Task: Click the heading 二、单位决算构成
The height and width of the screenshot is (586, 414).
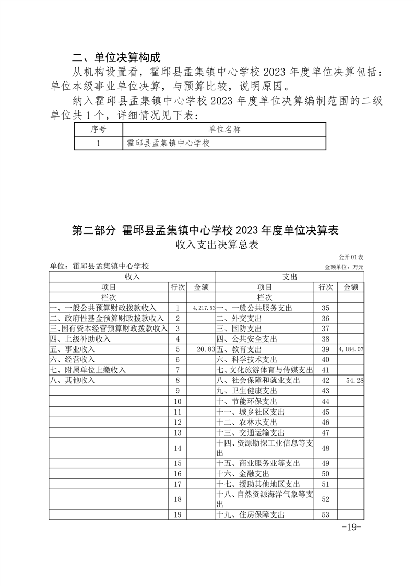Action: (116, 57)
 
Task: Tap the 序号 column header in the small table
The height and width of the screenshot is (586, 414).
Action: (98, 130)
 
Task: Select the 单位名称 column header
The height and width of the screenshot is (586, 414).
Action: (224, 130)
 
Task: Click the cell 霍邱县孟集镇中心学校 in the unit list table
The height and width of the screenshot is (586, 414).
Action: (168, 143)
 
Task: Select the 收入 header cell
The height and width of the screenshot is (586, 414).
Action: (132, 276)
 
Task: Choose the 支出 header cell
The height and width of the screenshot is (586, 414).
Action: (290, 276)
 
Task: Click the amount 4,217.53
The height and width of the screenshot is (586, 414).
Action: (204, 308)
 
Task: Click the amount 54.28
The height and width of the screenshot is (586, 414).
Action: (354, 381)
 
